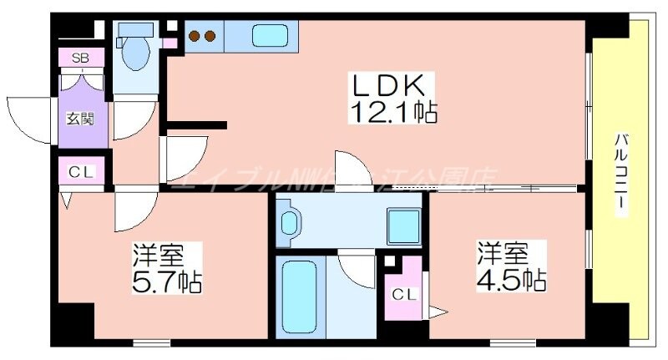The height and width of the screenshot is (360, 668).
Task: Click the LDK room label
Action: [392, 84]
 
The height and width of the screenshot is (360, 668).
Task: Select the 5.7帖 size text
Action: [168, 281]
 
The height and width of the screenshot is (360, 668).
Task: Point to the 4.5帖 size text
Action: [512, 278]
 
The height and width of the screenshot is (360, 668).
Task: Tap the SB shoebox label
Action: [81, 58]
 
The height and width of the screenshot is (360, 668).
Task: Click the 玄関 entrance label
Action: [80, 118]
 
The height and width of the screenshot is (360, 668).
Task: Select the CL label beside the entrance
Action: [81, 173]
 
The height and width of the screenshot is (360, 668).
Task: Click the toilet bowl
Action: [134, 55]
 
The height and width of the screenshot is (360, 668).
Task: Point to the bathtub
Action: [298, 297]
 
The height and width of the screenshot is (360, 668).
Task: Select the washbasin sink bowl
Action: [289, 223]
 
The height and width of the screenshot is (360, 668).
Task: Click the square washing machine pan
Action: [403, 224]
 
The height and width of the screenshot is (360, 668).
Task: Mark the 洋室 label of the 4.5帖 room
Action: [501, 251]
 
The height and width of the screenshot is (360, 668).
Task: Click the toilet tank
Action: [133, 30]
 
